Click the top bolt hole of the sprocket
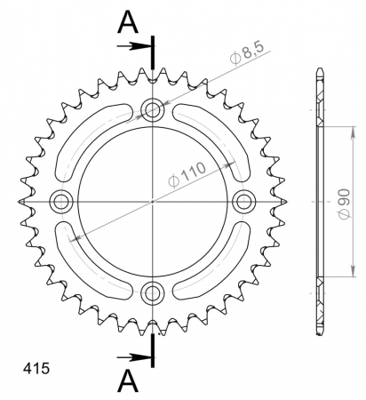click(x=153, y=111)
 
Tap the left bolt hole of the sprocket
click(x=62, y=202)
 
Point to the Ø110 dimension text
click(x=189, y=170)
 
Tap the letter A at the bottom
click(x=130, y=380)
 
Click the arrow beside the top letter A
click(x=137, y=44)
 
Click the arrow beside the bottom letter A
click(x=137, y=356)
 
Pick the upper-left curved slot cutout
click(x=87, y=133)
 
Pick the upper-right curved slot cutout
click(x=218, y=133)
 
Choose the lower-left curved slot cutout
click(x=87, y=269)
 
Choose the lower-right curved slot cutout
click(x=218, y=269)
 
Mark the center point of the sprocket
click(x=153, y=202)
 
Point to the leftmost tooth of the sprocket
click(x=21, y=202)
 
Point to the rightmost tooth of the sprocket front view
click(x=284, y=202)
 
